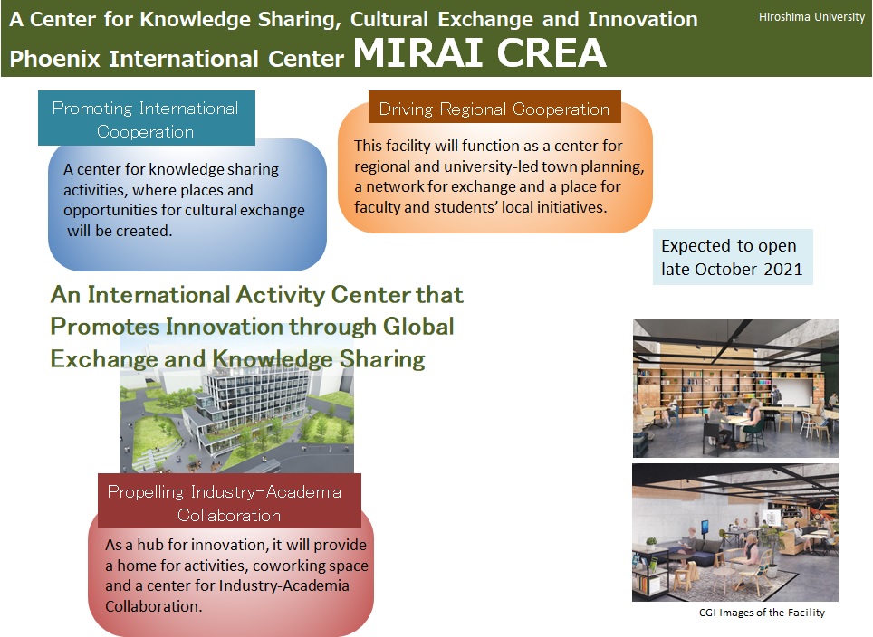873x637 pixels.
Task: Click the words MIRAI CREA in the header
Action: tap(479, 53)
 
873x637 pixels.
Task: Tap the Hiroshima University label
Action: tap(811, 17)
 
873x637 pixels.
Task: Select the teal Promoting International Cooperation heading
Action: tap(146, 119)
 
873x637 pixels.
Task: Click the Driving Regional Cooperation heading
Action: tap(494, 109)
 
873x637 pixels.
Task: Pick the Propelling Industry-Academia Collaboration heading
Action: tap(229, 502)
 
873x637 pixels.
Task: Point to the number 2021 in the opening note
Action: tap(782, 270)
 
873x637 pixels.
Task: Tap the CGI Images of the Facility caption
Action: tap(762, 613)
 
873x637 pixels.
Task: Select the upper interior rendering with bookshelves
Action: tap(735, 388)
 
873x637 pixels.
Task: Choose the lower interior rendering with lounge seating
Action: tap(735, 532)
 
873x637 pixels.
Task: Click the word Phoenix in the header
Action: tap(54, 59)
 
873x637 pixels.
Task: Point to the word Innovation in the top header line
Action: tap(643, 20)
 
